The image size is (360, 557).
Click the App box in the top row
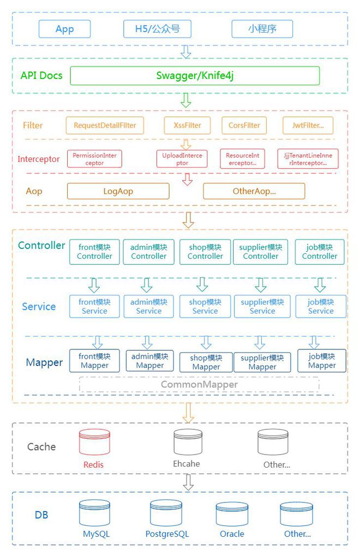tap(64, 29)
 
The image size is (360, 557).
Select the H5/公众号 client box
tap(157, 29)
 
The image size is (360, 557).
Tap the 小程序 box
tap(262, 29)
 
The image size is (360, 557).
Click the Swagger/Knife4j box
tap(195, 76)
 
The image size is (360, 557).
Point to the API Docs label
tap(41, 76)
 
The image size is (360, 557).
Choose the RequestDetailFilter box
tap(105, 125)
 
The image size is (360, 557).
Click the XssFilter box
tap(187, 125)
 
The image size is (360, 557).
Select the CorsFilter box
tap(244, 125)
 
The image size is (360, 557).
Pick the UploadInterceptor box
tap(182, 159)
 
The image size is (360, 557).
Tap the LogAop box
tap(118, 191)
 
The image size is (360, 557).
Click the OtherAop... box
tap(254, 191)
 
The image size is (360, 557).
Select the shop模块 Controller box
tap(205, 252)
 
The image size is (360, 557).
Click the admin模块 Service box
tap(148, 306)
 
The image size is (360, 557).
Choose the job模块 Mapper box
tap(321, 361)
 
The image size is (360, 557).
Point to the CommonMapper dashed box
tap(199, 384)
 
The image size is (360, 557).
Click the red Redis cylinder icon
tap(94, 443)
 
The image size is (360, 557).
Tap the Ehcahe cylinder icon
tap(188, 442)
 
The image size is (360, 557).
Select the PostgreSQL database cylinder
tap(166, 513)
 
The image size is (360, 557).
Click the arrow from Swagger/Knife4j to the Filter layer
tap(186, 100)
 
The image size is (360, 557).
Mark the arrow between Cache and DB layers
tap(188, 482)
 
